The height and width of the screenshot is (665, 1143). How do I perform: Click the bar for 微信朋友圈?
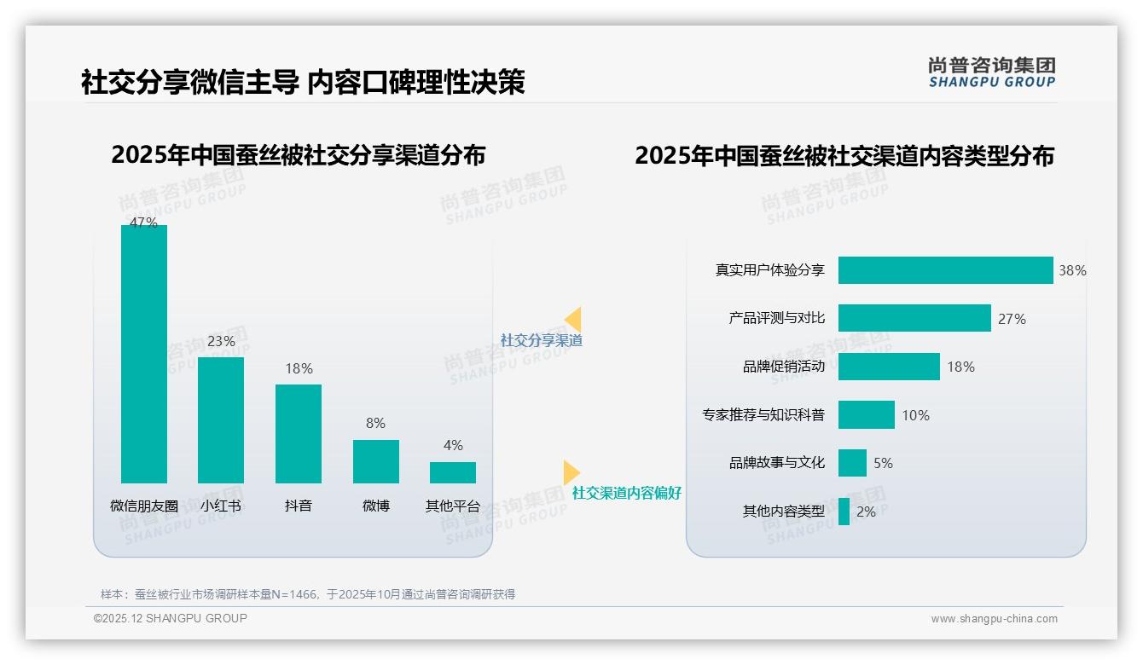point(144,354)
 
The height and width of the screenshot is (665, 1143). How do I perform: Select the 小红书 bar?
point(221,419)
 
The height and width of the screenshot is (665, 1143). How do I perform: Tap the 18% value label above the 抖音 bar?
point(299,368)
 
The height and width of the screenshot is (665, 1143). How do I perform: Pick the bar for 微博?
point(376,461)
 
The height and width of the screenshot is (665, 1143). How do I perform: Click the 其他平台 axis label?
point(453,506)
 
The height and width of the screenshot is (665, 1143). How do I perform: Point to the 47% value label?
point(143,223)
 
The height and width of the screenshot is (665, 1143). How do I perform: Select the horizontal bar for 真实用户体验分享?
point(945,270)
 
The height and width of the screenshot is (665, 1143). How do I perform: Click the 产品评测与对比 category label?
point(776,318)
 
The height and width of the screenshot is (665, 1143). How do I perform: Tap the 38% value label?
point(1072,270)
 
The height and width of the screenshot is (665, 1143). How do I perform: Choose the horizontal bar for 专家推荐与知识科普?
point(866,415)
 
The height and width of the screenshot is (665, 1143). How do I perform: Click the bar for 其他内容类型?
point(844,512)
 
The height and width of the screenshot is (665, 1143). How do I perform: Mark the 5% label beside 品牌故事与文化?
point(883,463)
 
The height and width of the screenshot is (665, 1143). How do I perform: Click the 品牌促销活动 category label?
point(783,367)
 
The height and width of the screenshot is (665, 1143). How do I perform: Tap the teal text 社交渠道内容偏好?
point(626,493)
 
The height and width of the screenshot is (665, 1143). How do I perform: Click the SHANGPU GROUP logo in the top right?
point(991,72)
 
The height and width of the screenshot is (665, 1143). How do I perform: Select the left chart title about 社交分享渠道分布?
point(298,155)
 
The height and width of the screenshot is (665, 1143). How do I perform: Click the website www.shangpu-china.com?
point(994,619)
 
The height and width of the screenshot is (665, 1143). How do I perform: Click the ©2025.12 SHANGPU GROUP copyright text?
point(171,618)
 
